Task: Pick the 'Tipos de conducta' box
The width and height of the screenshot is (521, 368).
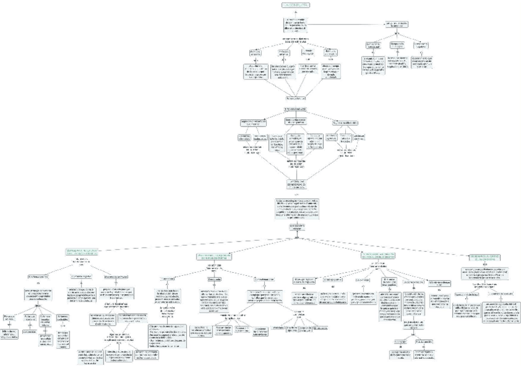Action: [x=296, y=109]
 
